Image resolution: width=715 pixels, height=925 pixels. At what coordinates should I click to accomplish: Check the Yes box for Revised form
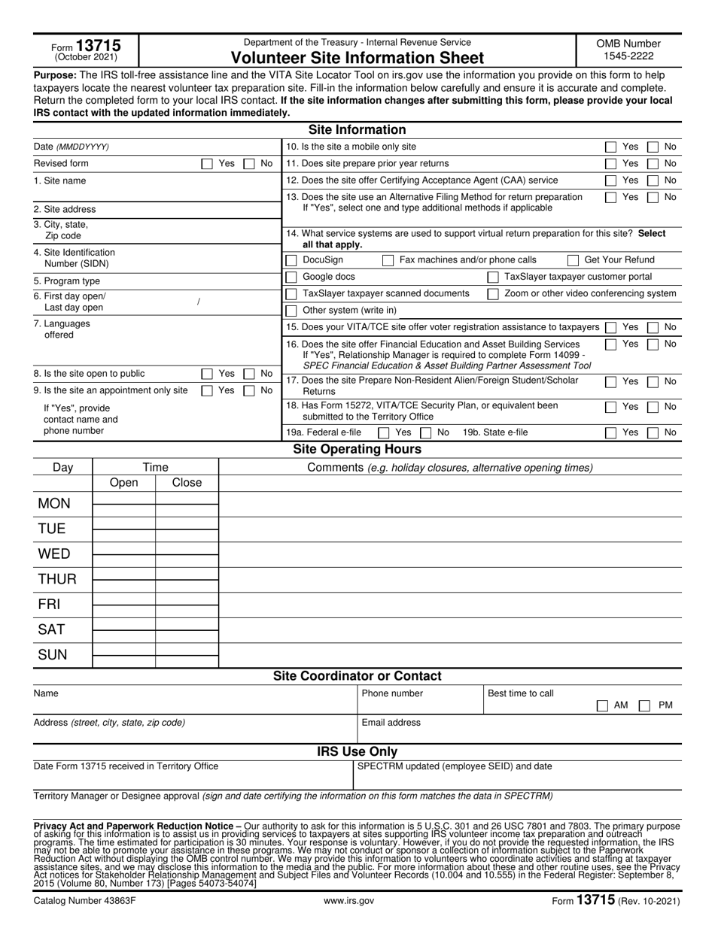207,164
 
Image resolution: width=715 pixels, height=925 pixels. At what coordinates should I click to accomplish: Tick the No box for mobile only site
654,147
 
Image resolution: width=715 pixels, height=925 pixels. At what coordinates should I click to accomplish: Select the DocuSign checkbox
291,260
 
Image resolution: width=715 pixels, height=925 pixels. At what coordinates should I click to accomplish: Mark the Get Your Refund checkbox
573,260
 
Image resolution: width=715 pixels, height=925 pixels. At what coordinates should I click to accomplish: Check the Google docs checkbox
291,277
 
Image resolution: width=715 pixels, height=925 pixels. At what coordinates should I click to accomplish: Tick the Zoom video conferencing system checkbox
493,294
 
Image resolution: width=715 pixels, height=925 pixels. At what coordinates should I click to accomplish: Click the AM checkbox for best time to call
602,705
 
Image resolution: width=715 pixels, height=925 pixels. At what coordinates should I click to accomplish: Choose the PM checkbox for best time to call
645,705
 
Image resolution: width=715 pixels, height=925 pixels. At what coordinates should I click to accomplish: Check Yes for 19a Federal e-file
383,432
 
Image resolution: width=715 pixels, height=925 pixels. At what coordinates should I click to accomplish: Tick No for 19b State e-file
654,432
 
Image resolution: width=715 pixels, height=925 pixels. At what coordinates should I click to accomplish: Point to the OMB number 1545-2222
628,56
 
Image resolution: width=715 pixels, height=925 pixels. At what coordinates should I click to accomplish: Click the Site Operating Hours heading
357,450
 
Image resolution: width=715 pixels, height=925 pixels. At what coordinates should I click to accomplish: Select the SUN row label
53,655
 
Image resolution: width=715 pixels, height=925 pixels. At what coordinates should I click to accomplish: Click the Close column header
187,483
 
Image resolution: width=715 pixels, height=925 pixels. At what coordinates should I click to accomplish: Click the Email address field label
391,723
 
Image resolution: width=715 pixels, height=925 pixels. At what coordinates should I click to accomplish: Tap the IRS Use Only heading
357,752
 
